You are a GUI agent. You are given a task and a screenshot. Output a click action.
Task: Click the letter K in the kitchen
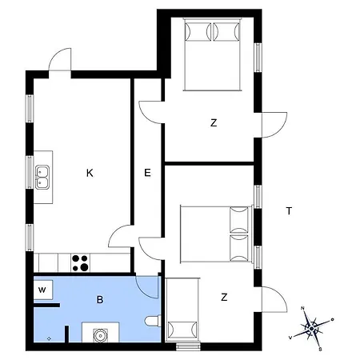point(90,173)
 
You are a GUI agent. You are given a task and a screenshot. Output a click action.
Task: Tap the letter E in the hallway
point(147,173)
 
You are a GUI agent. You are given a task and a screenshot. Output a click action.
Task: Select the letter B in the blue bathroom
point(100,300)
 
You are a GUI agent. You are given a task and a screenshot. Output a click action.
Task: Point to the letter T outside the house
point(289,211)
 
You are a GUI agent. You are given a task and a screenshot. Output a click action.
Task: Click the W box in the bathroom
point(43,290)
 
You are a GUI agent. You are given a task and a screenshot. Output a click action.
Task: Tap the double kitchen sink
point(42,178)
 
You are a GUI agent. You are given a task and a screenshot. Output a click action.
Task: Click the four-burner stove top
point(80,263)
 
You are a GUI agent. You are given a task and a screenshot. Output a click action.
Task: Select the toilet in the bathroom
point(153,321)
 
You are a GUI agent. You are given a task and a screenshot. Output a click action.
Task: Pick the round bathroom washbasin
point(100,335)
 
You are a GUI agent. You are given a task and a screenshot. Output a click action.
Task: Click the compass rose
point(311,329)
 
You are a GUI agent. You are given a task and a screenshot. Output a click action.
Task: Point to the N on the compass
point(302,308)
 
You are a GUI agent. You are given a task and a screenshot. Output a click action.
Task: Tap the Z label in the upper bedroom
point(214,123)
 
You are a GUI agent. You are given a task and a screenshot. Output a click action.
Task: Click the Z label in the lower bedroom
point(224,297)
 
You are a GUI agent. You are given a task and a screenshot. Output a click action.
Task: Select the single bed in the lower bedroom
point(182,310)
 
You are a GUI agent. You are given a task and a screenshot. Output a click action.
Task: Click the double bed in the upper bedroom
point(212,54)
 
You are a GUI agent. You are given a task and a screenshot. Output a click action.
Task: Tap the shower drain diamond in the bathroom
point(49,338)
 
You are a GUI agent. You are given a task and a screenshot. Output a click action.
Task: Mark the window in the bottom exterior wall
point(188,346)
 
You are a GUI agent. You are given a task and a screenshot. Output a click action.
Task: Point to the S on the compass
point(320,350)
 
